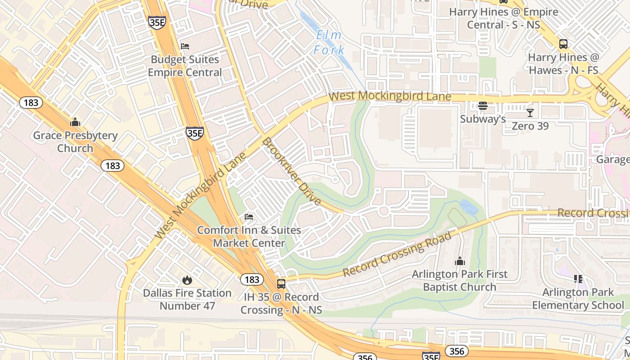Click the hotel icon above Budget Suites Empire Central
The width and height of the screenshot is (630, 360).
tap(184, 46)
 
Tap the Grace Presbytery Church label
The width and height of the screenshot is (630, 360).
tap(75, 142)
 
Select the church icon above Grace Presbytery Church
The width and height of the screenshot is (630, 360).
tap(75, 122)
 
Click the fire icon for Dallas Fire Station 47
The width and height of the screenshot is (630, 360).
tap(187, 280)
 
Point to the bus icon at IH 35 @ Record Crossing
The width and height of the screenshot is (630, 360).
tap(281, 283)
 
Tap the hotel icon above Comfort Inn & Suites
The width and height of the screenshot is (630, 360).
tap(249, 217)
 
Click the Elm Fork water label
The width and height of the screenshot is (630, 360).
tap(329, 42)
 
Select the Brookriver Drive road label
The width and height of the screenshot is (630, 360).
tap(292, 171)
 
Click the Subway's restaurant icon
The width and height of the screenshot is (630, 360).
tap(483, 106)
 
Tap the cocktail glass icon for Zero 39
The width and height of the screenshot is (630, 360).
tap(530, 112)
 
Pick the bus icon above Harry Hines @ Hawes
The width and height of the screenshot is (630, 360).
tap(563, 44)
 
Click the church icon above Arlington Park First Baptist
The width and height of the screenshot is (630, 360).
tap(459, 261)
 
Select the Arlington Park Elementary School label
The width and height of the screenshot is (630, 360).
tap(578, 299)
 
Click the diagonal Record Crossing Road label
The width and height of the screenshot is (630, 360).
tap(397, 255)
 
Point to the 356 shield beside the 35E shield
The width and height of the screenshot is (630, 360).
tap(456, 351)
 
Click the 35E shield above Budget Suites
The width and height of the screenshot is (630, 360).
tap(157, 22)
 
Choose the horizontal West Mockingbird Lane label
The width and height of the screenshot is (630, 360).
tap(390, 96)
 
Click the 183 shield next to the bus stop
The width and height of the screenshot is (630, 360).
tap(252, 279)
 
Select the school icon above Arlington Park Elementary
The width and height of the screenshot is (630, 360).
tap(578, 279)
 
